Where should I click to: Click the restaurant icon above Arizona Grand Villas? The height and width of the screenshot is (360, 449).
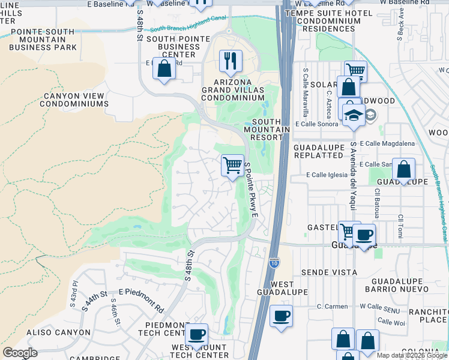coord(231,61)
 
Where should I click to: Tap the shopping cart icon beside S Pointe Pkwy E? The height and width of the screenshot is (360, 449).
coord(232,164)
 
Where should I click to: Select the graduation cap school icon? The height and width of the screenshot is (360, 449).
coord(354,115)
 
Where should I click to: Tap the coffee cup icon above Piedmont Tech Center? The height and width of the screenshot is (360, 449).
coord(196,334)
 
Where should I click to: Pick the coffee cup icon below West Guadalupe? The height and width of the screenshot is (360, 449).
coord(280,316)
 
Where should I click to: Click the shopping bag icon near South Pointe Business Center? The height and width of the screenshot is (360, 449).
coord(164,68)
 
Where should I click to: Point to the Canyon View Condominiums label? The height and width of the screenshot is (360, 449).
coord(74,100)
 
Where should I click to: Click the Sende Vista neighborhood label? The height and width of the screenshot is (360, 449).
coord(330,272)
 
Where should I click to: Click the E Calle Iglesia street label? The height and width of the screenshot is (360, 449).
coord(327,175)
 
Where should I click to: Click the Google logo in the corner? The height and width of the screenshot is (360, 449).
coord(20,353)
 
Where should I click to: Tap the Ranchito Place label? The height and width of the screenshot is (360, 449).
coord(428,316)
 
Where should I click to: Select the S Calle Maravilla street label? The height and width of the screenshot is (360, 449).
coord(306,92)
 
